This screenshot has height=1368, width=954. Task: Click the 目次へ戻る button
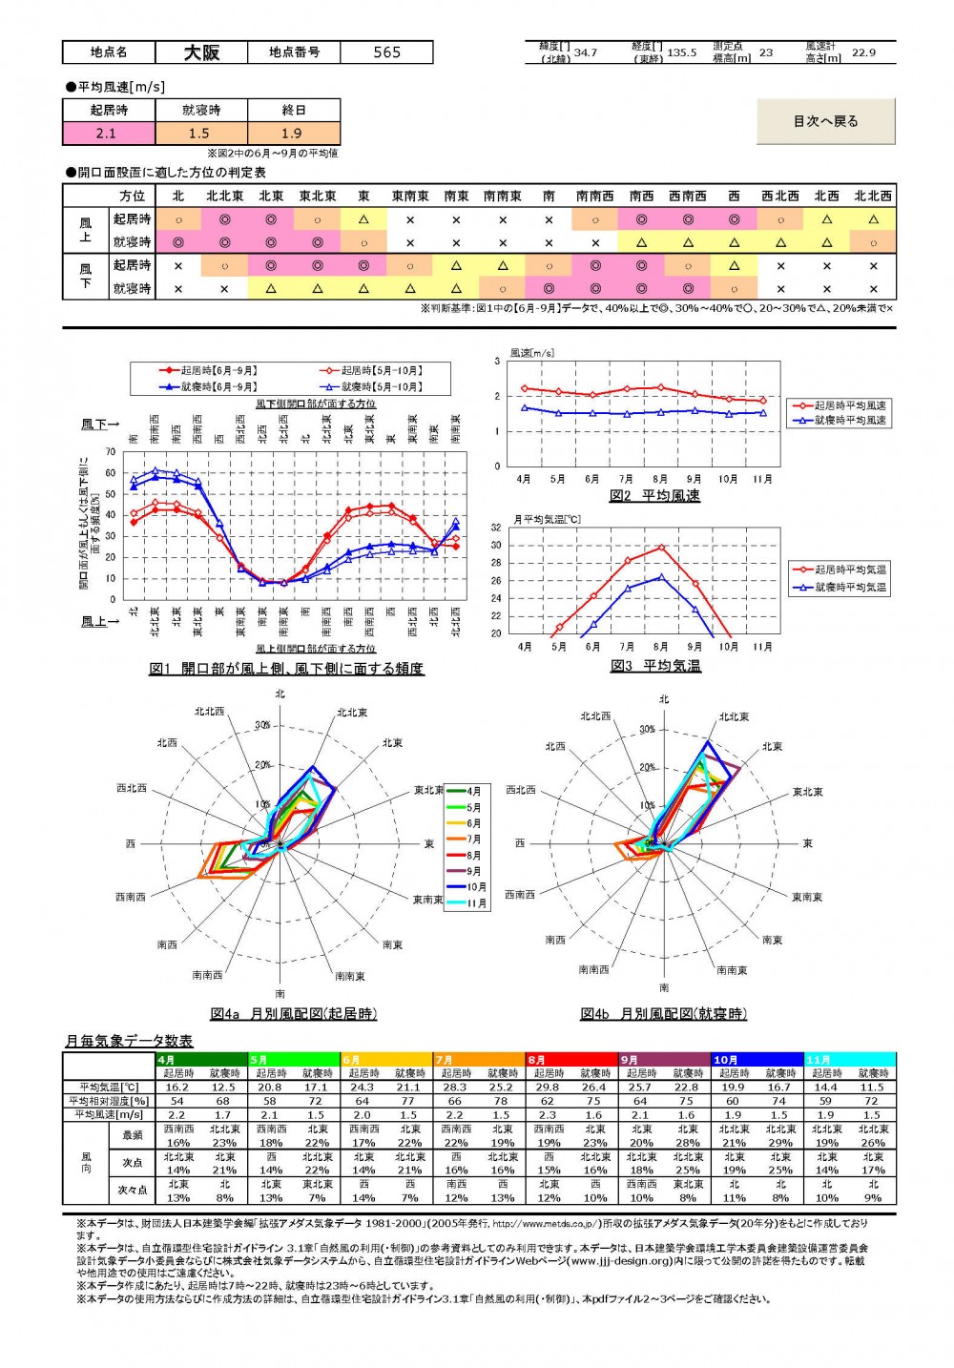(x=825, y=121)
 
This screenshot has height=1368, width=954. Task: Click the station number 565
(x=386, y=52)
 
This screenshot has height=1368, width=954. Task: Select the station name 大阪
(x=201, y=52)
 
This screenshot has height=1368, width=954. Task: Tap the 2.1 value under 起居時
(x=109, y=134)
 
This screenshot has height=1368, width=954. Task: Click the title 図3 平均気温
(x=655, y=666)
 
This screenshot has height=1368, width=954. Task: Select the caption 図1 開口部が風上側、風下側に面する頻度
(x=286, y=669)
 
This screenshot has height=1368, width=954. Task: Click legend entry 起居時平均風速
(x=849, y=405)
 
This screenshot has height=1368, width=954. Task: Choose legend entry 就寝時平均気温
(x=849, y=587)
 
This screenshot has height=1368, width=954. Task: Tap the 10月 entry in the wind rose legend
(x=476, y=887)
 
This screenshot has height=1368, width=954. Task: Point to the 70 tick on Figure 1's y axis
(x=111, y=452)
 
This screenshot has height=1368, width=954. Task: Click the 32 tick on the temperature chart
(x=496, y=528)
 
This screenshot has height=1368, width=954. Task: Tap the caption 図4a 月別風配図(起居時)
(x=294, y=1014)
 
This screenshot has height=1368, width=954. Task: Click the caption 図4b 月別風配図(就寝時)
(x=664, y=1014)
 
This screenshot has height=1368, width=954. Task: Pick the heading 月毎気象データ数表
(x=129, y=1041)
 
